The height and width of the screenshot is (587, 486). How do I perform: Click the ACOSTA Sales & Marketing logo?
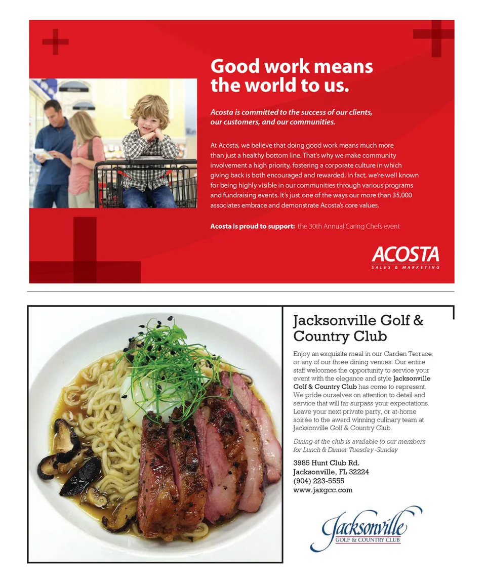[405, 257]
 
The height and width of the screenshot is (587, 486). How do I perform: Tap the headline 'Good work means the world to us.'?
[291, 76]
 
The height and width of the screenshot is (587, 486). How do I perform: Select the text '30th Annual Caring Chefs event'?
[349, 226]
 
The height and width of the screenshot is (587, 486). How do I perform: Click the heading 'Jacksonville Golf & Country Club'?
[358, 328]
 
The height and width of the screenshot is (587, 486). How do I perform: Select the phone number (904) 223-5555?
[318, 481]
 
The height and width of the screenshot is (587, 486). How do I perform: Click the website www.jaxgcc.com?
[322, 490]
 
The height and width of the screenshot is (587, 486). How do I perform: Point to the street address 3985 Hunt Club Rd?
[326, 463]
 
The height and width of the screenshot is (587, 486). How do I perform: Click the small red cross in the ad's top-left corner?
[55, 41]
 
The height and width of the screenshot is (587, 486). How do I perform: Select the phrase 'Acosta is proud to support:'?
[252, 226]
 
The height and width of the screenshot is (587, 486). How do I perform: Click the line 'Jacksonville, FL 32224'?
[331, 472]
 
